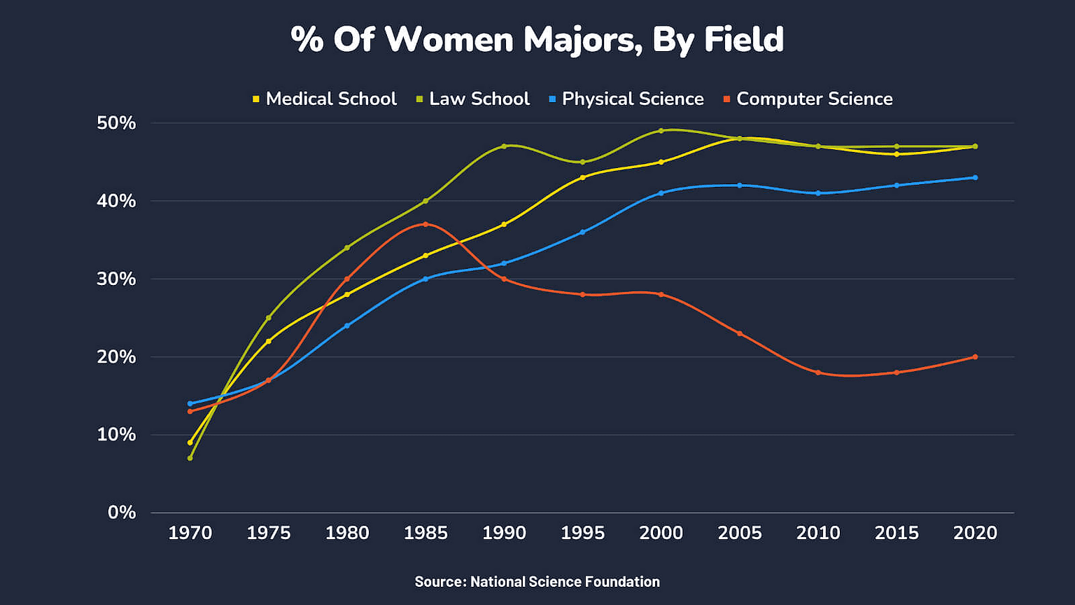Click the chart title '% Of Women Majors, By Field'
click(537, 39)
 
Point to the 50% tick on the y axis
click(116, 123)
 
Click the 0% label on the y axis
click(122, 513)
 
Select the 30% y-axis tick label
click(116, 279)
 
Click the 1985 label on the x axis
click(426, 534)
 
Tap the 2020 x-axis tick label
click(975, 534)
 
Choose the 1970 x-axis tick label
click(190, 534)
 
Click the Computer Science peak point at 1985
click(426, 224)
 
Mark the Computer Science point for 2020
click(975, 357)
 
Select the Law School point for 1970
click(190, 458)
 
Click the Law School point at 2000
click(661, 131)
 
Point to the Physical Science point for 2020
click(975, 178)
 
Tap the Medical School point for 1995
click(582, 177)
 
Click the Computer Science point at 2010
click(818, 373)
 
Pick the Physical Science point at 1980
click(347, 326)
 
